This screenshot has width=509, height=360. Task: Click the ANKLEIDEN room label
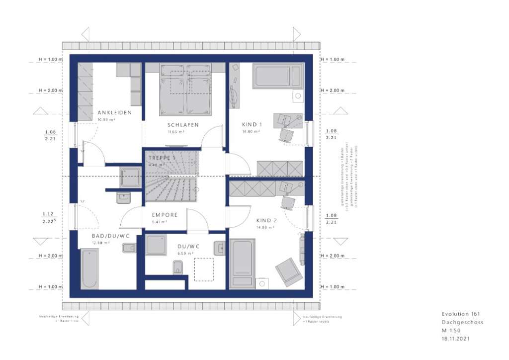(114, 113)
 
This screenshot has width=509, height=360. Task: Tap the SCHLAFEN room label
(183, 125)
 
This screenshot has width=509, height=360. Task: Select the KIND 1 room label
(252, 125)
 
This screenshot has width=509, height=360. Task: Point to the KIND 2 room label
(266, 220)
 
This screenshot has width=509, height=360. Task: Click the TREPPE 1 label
(162, 158)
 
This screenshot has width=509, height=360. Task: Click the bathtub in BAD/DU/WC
(89, 268)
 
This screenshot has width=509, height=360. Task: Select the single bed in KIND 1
(277, 76)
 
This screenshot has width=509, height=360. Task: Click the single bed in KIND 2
(242, 263)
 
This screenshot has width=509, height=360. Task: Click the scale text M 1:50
(451, 330)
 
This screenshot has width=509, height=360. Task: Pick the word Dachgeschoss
(462, 322)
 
